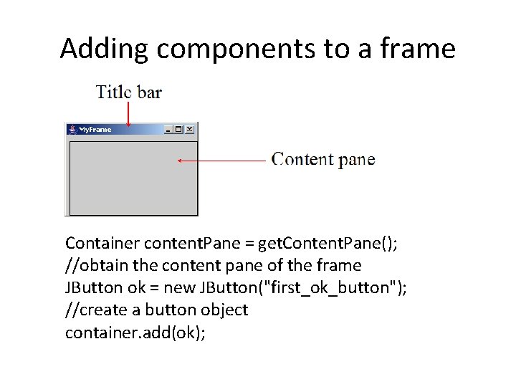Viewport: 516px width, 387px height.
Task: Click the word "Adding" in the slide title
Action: pyautogui.click(x=105, y=49)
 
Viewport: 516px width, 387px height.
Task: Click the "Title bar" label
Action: pyautogui.click(x=129, y=92)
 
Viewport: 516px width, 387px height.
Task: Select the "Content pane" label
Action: pyautogui.click(x=323, y=159)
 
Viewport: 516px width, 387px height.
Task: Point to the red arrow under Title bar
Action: pyautogui.click(x=128, y=113)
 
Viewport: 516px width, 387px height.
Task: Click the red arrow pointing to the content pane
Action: pyautogui.click(x=222, y=161)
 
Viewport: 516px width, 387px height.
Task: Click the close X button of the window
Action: pyautogui.click(x=189, y=130)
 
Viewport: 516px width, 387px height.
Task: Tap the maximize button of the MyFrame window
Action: pyautogui.click(x=178, y=130)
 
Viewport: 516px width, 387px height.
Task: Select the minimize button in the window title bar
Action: pyautogui.click(x=168, y=130)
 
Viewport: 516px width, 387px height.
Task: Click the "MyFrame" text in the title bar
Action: pyautogui.click(x=95, y=130)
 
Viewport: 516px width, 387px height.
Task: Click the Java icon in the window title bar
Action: pyautogui.click(x=72, y=130)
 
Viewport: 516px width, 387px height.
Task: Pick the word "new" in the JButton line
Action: pyautogui.click(x=193, y=287)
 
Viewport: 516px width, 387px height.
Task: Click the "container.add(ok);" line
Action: pyautogui.click(x=135, y=332)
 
